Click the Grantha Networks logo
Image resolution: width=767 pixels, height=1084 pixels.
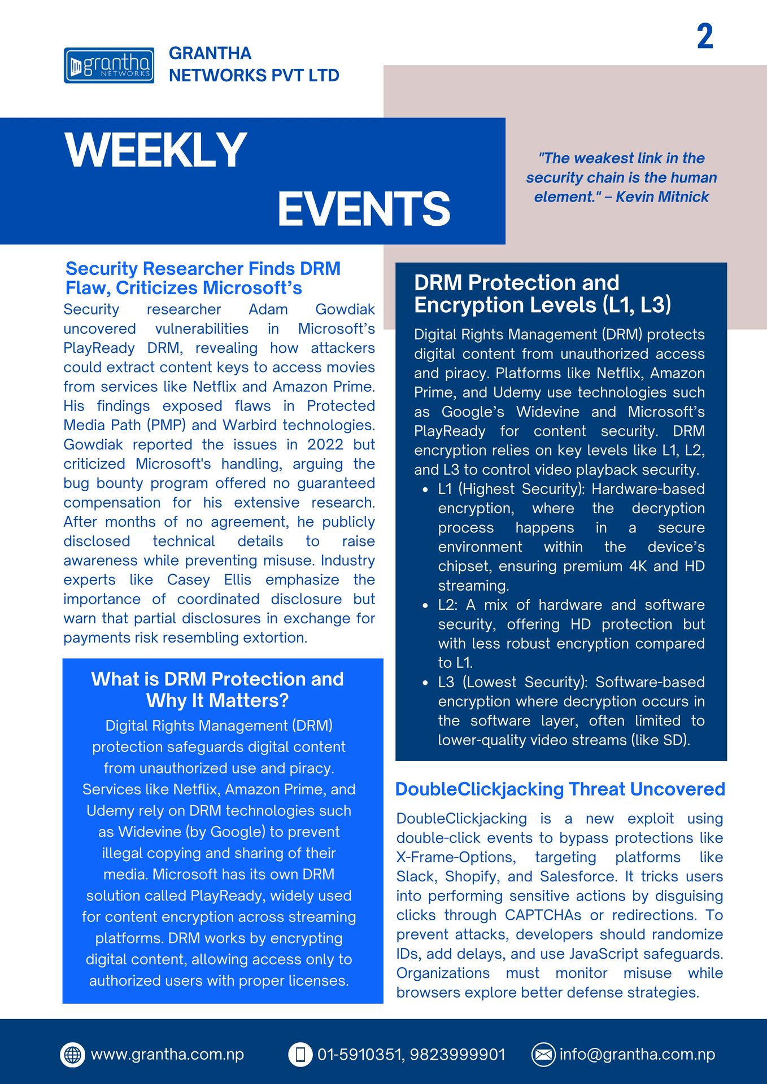(109, 65)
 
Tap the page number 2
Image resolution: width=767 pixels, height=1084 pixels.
(705, 37)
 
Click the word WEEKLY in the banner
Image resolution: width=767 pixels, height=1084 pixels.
(156, 150)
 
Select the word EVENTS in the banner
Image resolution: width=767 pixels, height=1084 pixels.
(364, 208)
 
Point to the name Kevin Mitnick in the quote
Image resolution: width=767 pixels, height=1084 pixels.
(662, 197)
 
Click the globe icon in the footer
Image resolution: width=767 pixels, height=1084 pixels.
(72, 1055)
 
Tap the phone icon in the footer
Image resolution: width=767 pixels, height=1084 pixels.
(300, 1055)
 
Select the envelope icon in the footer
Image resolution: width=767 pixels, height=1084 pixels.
(543, 1055)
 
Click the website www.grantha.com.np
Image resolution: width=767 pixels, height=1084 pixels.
(167, 1055)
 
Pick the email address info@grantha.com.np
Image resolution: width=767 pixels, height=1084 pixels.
(637, 1055)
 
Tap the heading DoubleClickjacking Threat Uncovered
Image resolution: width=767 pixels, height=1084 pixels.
(560, 789)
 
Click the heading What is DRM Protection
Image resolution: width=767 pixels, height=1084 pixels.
(217, 679)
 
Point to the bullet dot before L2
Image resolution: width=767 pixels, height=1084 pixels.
(425, 606)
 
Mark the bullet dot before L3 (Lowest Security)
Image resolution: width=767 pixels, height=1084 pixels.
(425, 683)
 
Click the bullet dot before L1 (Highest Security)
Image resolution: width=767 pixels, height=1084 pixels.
(425, 490)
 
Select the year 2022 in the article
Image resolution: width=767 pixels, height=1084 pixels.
(325, 445)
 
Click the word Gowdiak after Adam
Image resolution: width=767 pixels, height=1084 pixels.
(345, 310)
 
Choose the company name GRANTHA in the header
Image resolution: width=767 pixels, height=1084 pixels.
(210, 54)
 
